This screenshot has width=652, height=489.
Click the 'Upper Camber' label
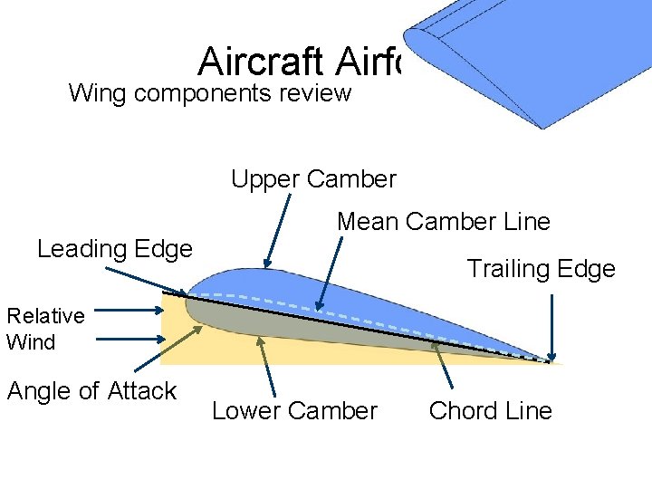313,179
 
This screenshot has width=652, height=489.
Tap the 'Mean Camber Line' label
444,221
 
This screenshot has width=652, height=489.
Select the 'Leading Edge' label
115,248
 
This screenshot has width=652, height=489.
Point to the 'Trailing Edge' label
541,268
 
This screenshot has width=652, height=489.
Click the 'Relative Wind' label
45,329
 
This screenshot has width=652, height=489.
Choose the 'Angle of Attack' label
91,391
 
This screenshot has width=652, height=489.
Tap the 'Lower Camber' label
294,411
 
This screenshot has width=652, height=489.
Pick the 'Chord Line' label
490,411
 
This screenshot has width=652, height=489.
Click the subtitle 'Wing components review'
210,92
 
